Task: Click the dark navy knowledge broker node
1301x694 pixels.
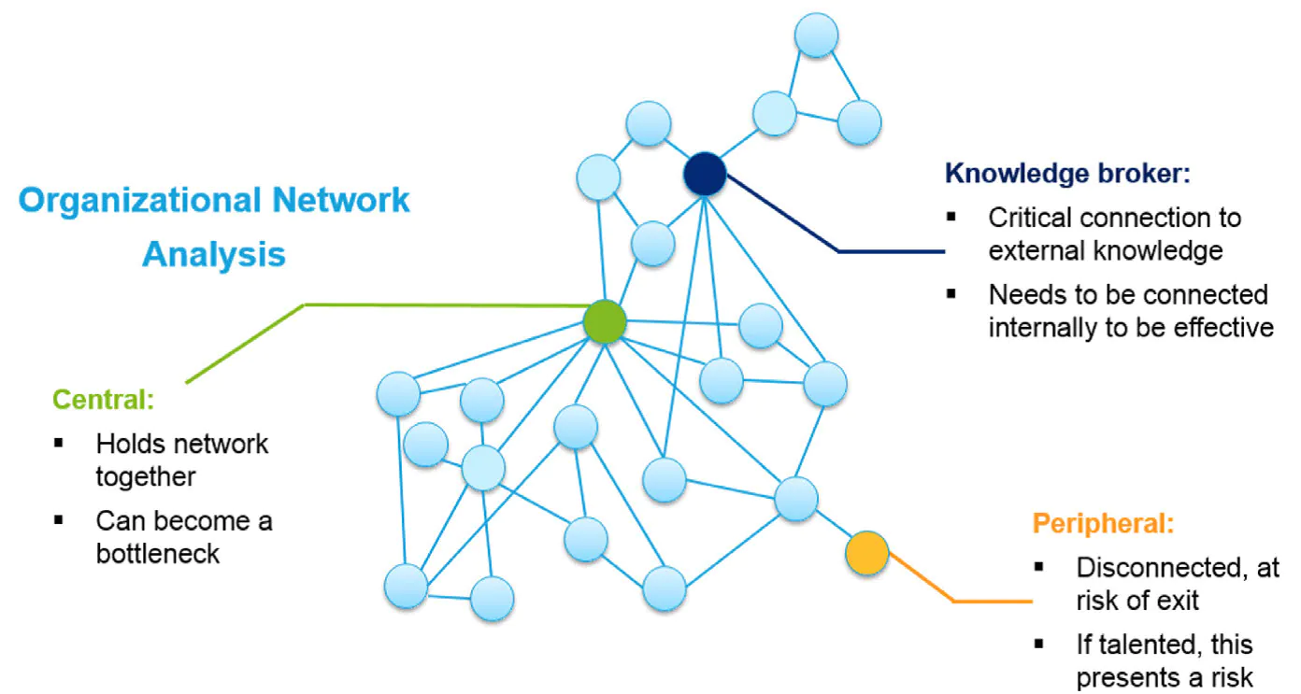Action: click(705, 174)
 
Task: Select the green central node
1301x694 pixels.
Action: click(605, 321)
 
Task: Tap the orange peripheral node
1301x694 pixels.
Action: click(866, 553)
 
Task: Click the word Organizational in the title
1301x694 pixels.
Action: click(140, 201)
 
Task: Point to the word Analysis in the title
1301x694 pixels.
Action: click(214, 255)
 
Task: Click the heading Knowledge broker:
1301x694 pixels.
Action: click(1067, 173)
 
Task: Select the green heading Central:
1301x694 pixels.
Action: click(104, 399)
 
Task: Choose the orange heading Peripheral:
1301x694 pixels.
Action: click(1103, 523)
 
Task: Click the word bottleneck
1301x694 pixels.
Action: click(157, 554)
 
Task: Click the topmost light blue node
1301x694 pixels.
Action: click(816, 35)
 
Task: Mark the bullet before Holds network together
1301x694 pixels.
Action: click(58, 444)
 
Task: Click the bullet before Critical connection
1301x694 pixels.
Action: click(951, 218)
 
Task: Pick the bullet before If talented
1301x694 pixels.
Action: click(1038, 644)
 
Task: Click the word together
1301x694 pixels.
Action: click(145, 477)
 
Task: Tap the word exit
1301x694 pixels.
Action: click(1179, 601)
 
